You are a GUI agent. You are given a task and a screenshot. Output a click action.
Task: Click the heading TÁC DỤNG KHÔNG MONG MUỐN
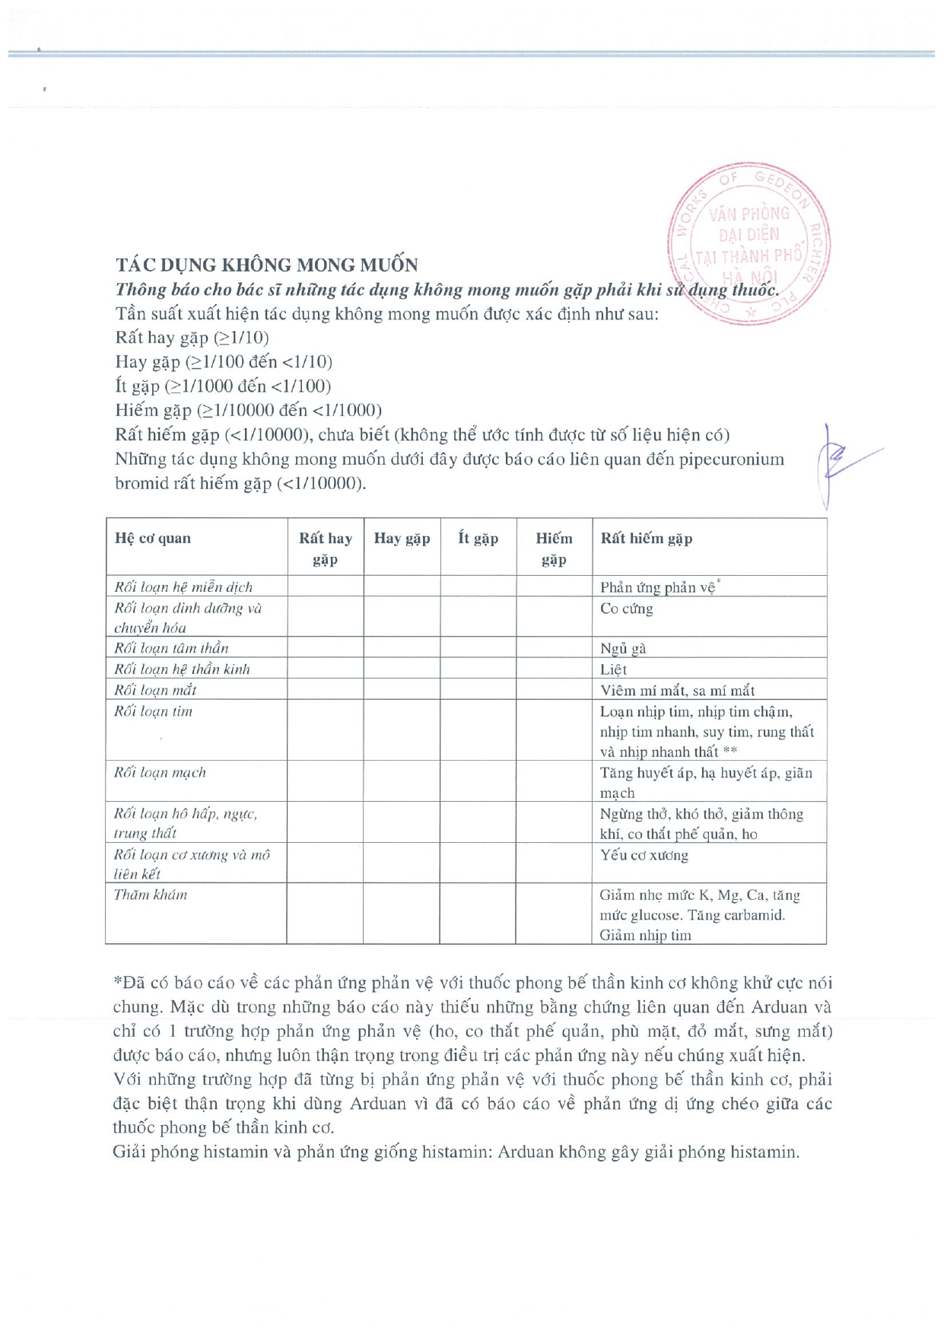266,265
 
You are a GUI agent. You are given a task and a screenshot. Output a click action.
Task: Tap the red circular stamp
749,243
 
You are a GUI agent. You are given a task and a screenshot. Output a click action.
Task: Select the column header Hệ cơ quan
153,539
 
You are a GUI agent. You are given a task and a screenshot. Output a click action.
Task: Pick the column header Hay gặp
402,539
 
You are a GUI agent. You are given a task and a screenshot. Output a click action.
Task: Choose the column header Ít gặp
478,539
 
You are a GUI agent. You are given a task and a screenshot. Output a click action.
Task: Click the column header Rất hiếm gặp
647,539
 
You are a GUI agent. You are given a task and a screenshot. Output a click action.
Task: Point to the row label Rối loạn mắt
155,690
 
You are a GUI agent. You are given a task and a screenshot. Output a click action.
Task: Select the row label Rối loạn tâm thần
171,648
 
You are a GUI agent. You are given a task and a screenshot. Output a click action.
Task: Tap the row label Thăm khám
151,895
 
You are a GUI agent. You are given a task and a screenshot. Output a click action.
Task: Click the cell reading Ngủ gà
623,649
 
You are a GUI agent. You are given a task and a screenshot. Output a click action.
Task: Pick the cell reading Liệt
613,669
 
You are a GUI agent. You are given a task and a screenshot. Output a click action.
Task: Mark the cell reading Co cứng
626,609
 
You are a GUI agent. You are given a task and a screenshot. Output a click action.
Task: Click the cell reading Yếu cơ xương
644,855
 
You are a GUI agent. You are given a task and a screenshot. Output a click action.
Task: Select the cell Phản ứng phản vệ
658,587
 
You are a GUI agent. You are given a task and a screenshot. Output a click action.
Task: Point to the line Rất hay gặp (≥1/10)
192,338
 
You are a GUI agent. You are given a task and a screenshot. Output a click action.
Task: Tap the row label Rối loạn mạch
160,772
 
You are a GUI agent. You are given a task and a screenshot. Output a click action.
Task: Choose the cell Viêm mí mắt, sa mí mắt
677,691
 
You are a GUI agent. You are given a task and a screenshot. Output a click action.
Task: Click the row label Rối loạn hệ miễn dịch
183,587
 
